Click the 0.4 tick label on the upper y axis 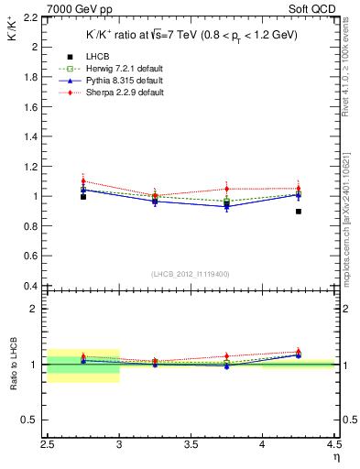pyautogui.click(x=30, y=287)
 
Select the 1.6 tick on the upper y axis pyautogui.click(x=30, y=107)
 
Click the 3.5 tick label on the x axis pyautogui.click(x=191, y=448)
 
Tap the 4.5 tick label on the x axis pyautogui.click(x=333, y=448)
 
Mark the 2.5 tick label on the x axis pyautogui.click(x=48, y=448)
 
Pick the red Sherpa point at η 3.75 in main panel pyautogui.click(x=227, y=189)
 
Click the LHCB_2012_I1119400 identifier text pyautogui.click(x=191, y=274)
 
